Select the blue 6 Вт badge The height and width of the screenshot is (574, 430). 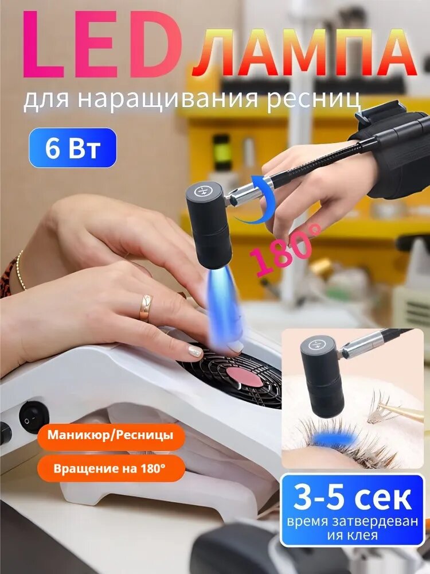pos(73,148)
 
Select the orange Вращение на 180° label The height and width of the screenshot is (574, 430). pos(110,468)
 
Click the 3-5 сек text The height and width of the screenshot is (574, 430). pos(352,497)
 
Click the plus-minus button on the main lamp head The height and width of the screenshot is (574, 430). pos(204,191)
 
